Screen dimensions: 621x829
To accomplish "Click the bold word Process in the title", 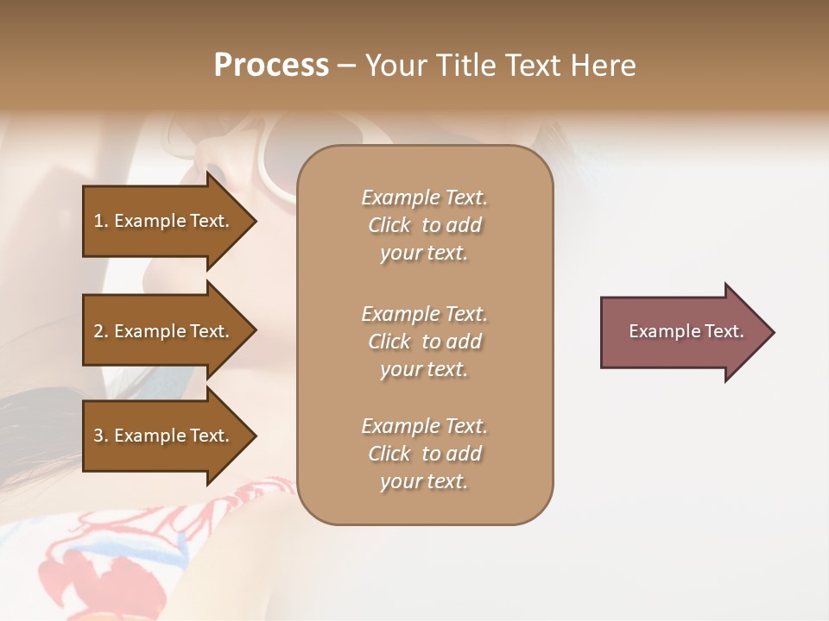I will point(271,66).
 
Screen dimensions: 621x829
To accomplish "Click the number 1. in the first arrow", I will point(101,221).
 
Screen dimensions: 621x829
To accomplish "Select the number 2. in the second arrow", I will point(101,331).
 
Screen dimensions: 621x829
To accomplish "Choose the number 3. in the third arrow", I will point(101,436).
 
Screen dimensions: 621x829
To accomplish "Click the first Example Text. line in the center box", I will point(424,198).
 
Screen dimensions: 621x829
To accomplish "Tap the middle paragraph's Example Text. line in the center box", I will point(424,314).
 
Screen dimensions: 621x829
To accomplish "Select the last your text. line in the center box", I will point(424,481).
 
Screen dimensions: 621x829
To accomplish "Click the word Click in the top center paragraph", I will point(389,225).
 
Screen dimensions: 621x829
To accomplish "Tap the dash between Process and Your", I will point(346,66).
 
